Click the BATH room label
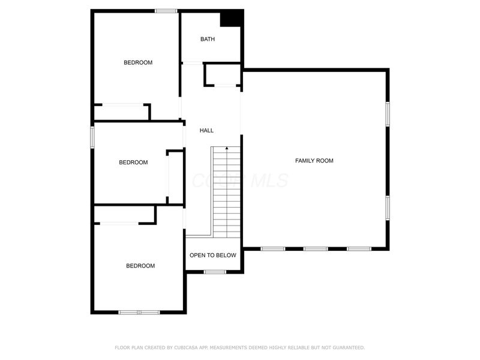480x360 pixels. click(207, 39)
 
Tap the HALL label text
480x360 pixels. click(206, 130)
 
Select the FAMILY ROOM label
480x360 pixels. click(314, 160)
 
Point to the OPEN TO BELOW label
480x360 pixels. click(213, 255)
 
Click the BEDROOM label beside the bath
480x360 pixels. click(138, 62)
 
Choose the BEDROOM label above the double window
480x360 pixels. click(140, 266)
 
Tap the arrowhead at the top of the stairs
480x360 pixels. click(226, 147)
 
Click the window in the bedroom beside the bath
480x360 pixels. click(166, 11)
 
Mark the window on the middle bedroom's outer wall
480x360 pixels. click(92, 136)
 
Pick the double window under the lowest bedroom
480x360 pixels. click(139, 312)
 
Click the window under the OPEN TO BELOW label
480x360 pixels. click(214, 272)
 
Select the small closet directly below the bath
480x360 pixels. click(223, 75)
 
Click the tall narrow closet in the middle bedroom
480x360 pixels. click(175, 176)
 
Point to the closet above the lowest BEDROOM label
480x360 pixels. click(124, 214)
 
